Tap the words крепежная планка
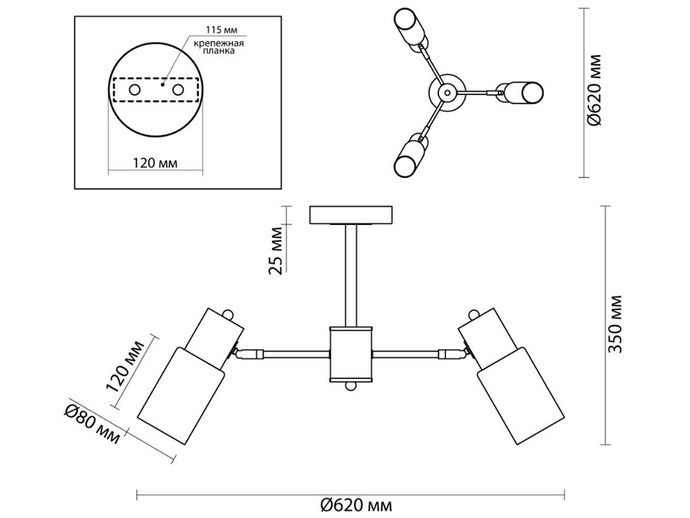click(218, 48)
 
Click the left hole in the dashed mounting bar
click(136, 89)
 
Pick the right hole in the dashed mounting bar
click(177, 89)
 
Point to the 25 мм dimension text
click(277, 250)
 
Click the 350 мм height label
click(617, 324)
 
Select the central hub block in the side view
click(351, 354)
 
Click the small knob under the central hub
click(351, 386)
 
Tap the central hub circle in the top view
click(445, 92)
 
